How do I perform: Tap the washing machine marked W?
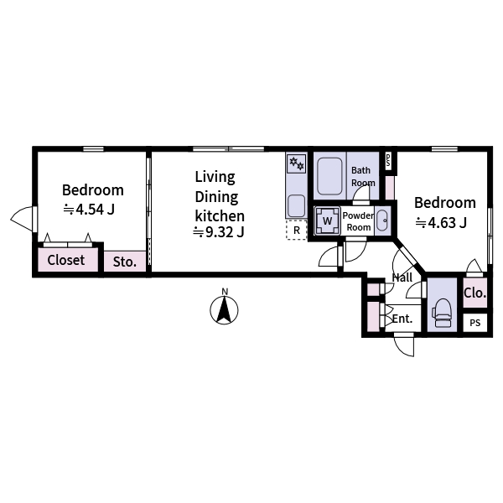[x=327, y=221]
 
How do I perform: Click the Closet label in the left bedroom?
[x=66, y=260]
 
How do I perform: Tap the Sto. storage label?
[x=125, y=262]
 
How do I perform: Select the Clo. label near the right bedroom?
[x=474, y=293]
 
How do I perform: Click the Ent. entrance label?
[x=402, y=319]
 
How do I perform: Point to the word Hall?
[x=402, y=277]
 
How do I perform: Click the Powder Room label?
[x=358, y=221]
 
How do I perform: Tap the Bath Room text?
[x=362, y=176]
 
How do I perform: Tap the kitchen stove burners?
[x=297, y=163]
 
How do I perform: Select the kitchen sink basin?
[x=296, y=205]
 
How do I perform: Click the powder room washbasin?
[x=382, y=221]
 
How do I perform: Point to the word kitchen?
[x=220, y=215]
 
